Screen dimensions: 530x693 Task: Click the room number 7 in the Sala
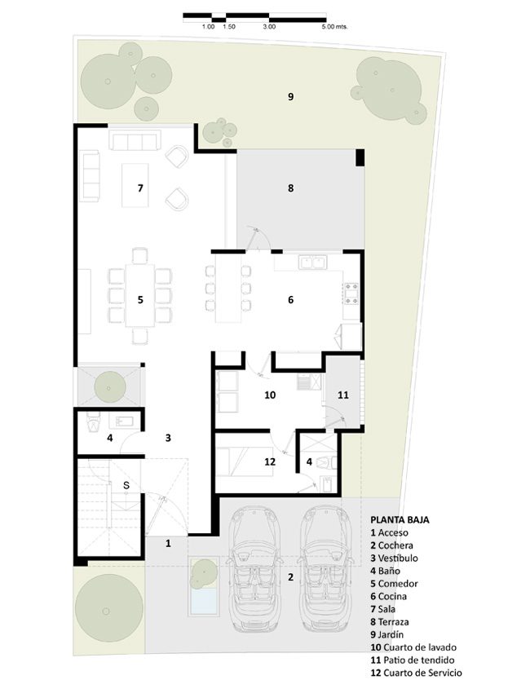[140, 188]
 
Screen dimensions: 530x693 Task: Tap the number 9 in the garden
[290, 97]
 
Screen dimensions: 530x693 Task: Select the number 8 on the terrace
[290, 188]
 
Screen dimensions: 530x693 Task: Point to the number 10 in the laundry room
[270, 395]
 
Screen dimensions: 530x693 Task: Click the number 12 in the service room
[270, 461]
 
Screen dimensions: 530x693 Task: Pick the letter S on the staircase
[126, 486]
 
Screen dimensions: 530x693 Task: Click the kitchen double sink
[313, 263]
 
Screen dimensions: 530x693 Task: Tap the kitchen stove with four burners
[351, 294]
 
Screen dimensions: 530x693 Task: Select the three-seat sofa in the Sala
[135, 141]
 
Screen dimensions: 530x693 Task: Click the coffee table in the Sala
[135, 185]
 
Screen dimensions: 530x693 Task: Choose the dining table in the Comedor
[140, 295]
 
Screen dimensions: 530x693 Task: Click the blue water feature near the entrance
[204, 601]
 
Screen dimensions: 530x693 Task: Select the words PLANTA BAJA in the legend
[400, 520]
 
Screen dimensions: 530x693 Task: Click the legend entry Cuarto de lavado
[413, 647]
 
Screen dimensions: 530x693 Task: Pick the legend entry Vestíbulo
[394, 558]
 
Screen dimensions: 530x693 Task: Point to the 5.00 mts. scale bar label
[334, 27]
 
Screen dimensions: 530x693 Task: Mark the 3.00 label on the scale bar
[269, 27]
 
